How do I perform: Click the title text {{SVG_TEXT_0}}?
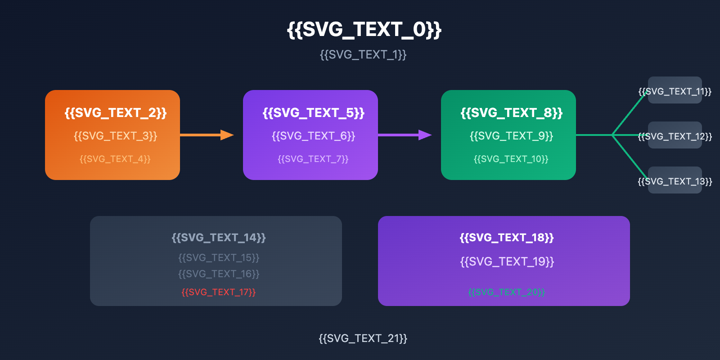point(364,30)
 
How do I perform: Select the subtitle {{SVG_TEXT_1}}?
point(363,55)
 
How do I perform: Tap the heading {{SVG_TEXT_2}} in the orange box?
point(116,112)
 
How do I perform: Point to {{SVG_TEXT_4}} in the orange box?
point(115,159)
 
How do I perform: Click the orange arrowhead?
point(227,135)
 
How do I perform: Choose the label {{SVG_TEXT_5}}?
point(314,112)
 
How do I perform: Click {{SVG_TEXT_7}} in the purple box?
point(313,159)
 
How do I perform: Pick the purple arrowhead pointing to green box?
point(425,135)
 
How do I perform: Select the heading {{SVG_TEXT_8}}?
point(512,112)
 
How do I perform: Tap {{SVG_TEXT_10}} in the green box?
point(511,159)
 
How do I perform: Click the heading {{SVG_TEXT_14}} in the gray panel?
point(219,237)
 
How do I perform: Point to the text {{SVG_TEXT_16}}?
point(219,274)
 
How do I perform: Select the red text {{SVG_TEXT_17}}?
point(219,292)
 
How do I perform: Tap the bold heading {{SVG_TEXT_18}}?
point(507,237)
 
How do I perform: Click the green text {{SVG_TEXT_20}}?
point(507,292)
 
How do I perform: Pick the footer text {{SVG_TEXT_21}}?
point(363,338)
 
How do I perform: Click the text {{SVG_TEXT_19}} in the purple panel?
point(507,261)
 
